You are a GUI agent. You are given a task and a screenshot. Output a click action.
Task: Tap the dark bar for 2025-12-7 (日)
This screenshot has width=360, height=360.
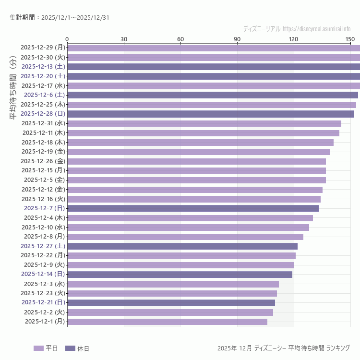pos(192,208)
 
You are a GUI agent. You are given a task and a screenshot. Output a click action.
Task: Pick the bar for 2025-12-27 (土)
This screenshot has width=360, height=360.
pos(182,246)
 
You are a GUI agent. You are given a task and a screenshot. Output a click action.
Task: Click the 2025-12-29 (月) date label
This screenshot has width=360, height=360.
pos(43,48)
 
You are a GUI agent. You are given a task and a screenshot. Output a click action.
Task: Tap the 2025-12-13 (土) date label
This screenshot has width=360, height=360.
pos(43,67)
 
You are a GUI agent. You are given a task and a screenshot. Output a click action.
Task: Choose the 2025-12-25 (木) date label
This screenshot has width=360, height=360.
pos(43,105)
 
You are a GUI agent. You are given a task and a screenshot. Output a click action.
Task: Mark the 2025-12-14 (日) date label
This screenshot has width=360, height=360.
pos(43,274)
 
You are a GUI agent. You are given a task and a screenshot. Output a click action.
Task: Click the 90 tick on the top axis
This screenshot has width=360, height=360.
pos(237,39)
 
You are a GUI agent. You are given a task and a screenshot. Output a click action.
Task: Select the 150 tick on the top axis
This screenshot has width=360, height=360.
pos(350,39)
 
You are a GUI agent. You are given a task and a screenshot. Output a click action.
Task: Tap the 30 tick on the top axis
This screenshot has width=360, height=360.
pos(124,39)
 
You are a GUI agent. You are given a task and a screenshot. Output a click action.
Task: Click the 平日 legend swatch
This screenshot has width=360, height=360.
pos(38,348)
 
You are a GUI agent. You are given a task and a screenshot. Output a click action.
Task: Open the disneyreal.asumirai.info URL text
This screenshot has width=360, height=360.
pos(316,29)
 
